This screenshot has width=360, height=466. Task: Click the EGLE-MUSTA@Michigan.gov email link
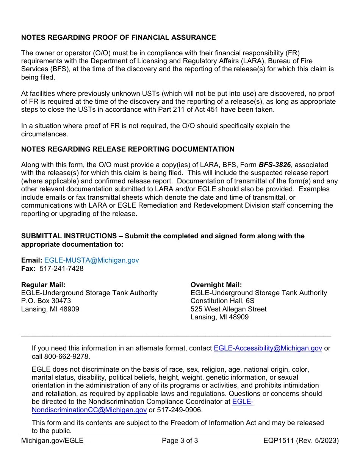point(91,260)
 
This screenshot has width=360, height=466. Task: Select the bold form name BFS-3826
point(274,165)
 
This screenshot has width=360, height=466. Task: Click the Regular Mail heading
point(43,285)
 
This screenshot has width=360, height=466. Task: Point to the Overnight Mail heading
point(216,285)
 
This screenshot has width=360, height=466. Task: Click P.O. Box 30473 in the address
point(46,301)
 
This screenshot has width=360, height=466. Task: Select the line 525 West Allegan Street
point(229,309)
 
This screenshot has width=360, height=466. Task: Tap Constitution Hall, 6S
point(222,301)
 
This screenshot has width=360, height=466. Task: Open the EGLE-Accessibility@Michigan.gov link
point(268,348)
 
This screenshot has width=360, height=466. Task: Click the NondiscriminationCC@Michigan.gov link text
point(89,410)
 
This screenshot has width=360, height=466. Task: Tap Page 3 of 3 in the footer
point(180,441)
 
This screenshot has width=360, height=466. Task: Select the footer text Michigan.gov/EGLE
point(52,441)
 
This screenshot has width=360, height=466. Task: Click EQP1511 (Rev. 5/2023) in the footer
point(301,441)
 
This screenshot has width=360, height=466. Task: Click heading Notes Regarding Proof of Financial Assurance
point(118,38)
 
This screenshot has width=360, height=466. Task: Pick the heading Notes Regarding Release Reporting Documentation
point(128,149)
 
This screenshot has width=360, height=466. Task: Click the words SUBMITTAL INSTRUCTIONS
point(69,236)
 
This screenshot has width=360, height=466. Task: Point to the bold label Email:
point(32,260)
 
